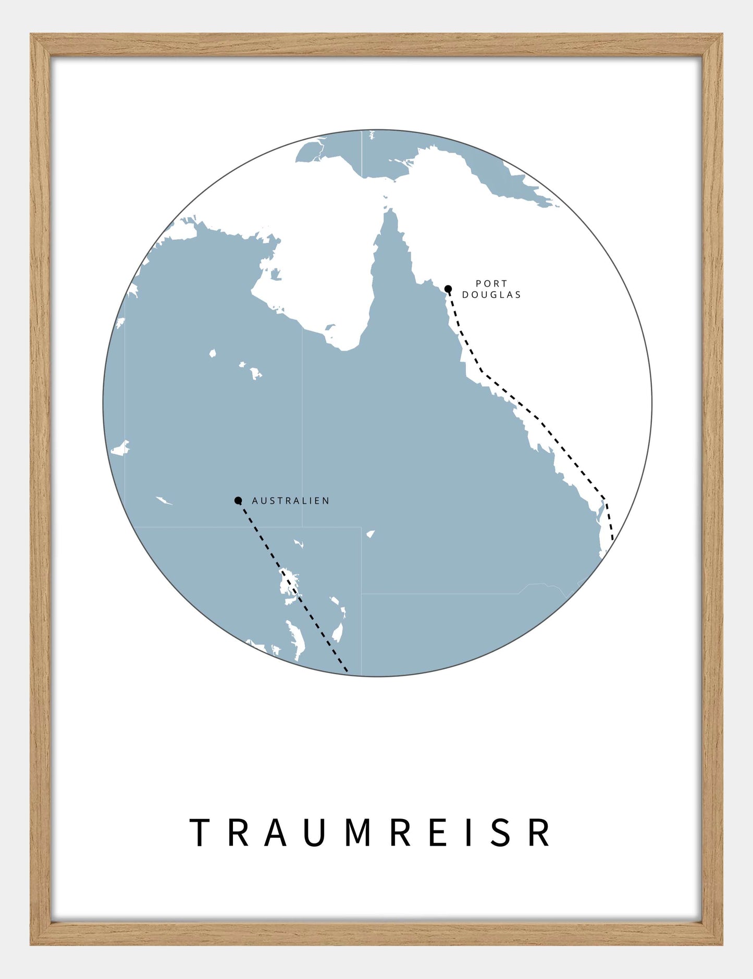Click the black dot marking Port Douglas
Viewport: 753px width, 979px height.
click(x=448, y=289)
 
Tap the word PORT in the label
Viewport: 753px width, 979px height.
click(x=491, y=283)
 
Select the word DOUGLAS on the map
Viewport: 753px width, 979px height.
click(x=491, y=295)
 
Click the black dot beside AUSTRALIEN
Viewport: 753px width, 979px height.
click(x=238, y=501)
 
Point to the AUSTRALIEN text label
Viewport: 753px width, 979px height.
click(x=290, y=501)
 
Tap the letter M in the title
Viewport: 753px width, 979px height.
click(x=358, y=833)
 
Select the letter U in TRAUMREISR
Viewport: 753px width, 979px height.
click(x=316, y=833)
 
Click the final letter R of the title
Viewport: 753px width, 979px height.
click(x=539, y=833)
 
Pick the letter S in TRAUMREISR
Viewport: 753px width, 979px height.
click(x=501, y=833)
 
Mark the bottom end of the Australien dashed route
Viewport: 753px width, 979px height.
click(x=347, y=671)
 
